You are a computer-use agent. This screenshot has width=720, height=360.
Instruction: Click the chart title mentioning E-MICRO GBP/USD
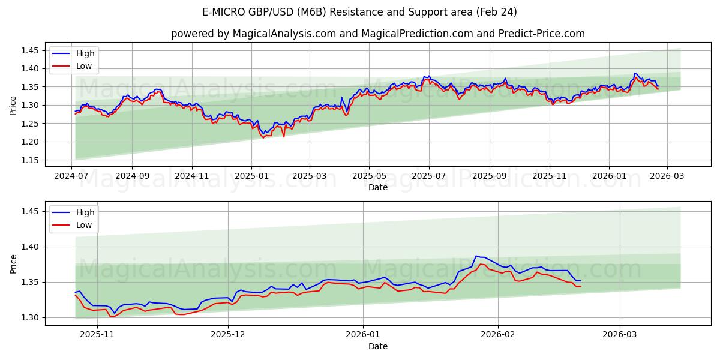tap(360, 12)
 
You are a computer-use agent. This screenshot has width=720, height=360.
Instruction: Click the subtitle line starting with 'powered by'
tap(378, 34)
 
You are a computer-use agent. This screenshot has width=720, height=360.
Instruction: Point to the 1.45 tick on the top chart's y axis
tap(29, 50)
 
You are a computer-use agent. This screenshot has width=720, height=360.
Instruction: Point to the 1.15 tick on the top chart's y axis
tap(29, 160)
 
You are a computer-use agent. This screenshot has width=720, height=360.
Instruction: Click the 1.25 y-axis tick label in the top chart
tap(29, 124)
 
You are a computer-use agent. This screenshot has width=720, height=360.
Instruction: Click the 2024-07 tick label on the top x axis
tap(72, 175)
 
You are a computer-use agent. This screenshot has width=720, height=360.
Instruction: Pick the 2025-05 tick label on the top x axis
tap(369, 175)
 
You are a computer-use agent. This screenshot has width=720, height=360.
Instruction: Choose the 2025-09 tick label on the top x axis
tap(489, 175)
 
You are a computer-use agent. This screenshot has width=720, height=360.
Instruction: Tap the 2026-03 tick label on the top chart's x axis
tap(667, 175)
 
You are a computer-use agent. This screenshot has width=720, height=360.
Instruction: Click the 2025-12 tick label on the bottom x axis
tap(229, 334)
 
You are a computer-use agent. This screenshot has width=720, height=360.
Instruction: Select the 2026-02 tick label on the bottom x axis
tap(499, 334)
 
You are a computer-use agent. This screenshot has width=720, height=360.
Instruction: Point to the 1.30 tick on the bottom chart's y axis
tap(29, 317)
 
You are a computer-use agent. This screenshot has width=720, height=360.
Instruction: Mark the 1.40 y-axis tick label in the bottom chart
tap(29, 247)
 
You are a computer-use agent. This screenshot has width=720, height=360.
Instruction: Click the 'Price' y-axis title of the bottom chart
tap(13, 263)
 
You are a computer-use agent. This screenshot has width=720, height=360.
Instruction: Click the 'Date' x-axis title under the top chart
tap(378, 187)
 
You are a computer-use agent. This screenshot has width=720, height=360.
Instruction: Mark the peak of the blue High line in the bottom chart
tap(476, 256)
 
